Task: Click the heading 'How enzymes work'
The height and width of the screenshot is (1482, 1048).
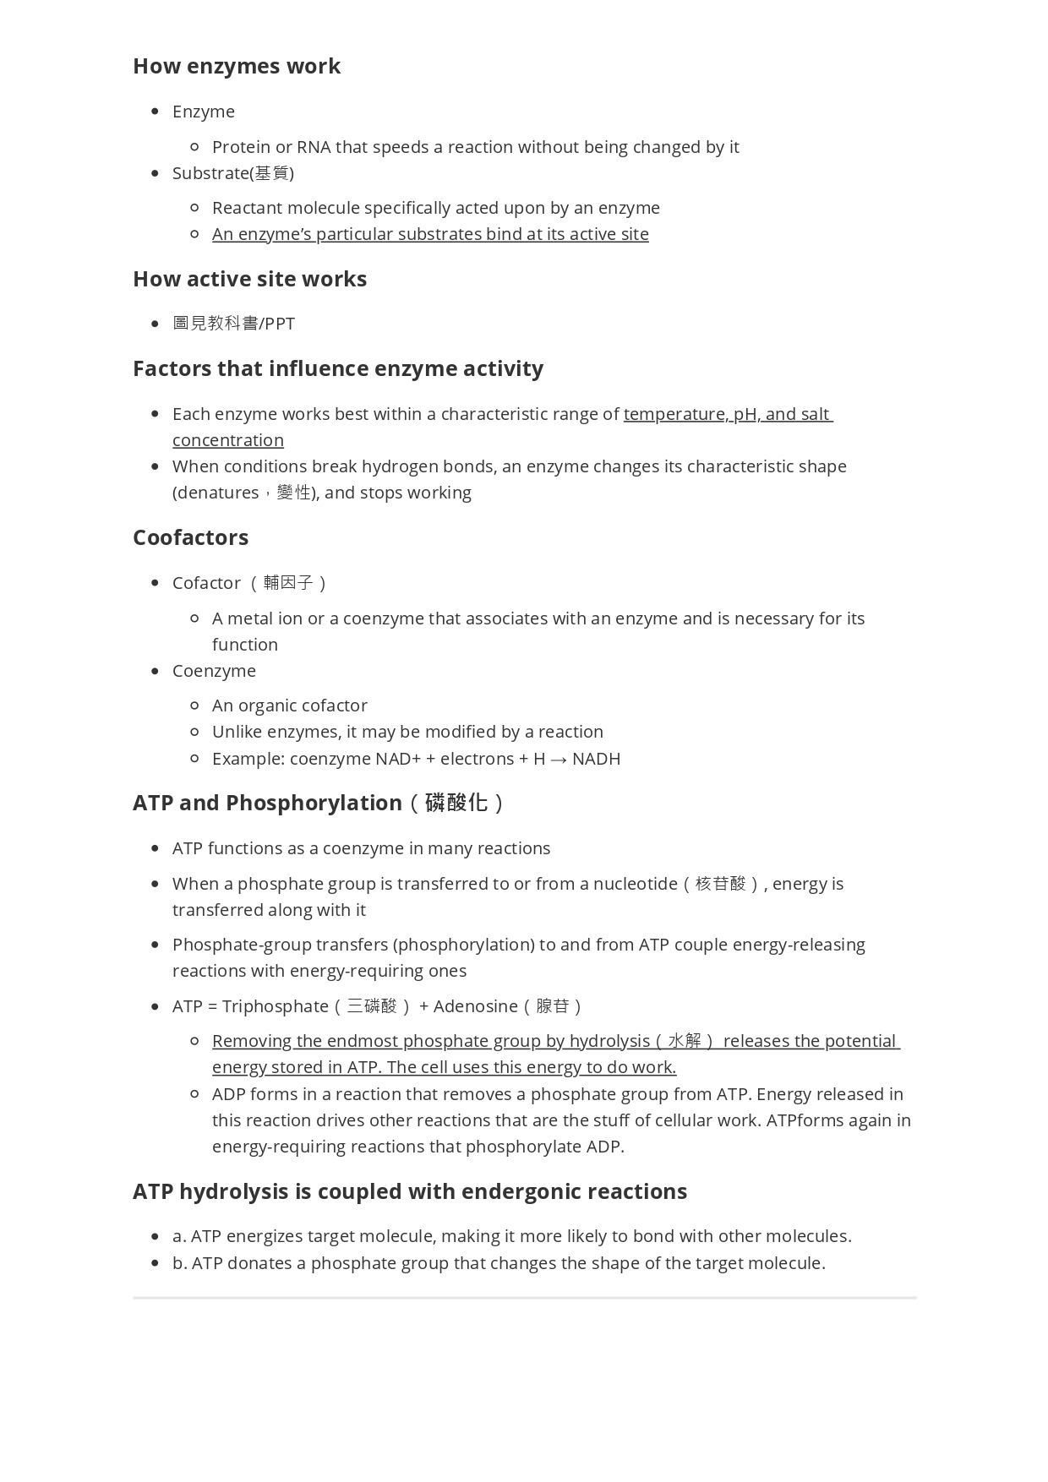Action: (237, 66)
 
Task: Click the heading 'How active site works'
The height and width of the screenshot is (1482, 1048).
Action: (249, 279)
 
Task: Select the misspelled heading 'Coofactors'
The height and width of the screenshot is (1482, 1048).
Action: (190, 537)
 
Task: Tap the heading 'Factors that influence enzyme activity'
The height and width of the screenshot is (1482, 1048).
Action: (337, 368)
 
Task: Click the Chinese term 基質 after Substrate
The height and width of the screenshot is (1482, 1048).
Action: (272, 173)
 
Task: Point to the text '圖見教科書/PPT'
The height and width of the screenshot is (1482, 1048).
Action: (233, 324)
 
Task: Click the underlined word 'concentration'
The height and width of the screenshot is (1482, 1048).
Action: (228, 440)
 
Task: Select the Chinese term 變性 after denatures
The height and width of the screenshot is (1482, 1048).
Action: (294, 493)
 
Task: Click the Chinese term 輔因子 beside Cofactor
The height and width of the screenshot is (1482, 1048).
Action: (288, 583)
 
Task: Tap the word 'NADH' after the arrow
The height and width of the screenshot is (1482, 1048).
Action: (596, 759)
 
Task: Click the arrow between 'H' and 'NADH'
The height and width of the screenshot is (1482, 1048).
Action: (559, 759)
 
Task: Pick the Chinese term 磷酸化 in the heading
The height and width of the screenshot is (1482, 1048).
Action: (456, 803)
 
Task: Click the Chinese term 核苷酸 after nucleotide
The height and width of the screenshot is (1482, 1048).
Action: (721, 884)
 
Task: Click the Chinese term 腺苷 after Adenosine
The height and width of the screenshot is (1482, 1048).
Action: (554, 1006)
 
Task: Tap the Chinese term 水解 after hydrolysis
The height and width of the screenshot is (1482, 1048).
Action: (685, 1041)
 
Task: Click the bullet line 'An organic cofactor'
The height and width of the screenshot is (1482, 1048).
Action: (289, 706)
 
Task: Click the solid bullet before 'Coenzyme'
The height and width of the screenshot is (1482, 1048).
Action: (155, 671)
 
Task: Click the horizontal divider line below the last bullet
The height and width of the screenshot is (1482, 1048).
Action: (524, 1297)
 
